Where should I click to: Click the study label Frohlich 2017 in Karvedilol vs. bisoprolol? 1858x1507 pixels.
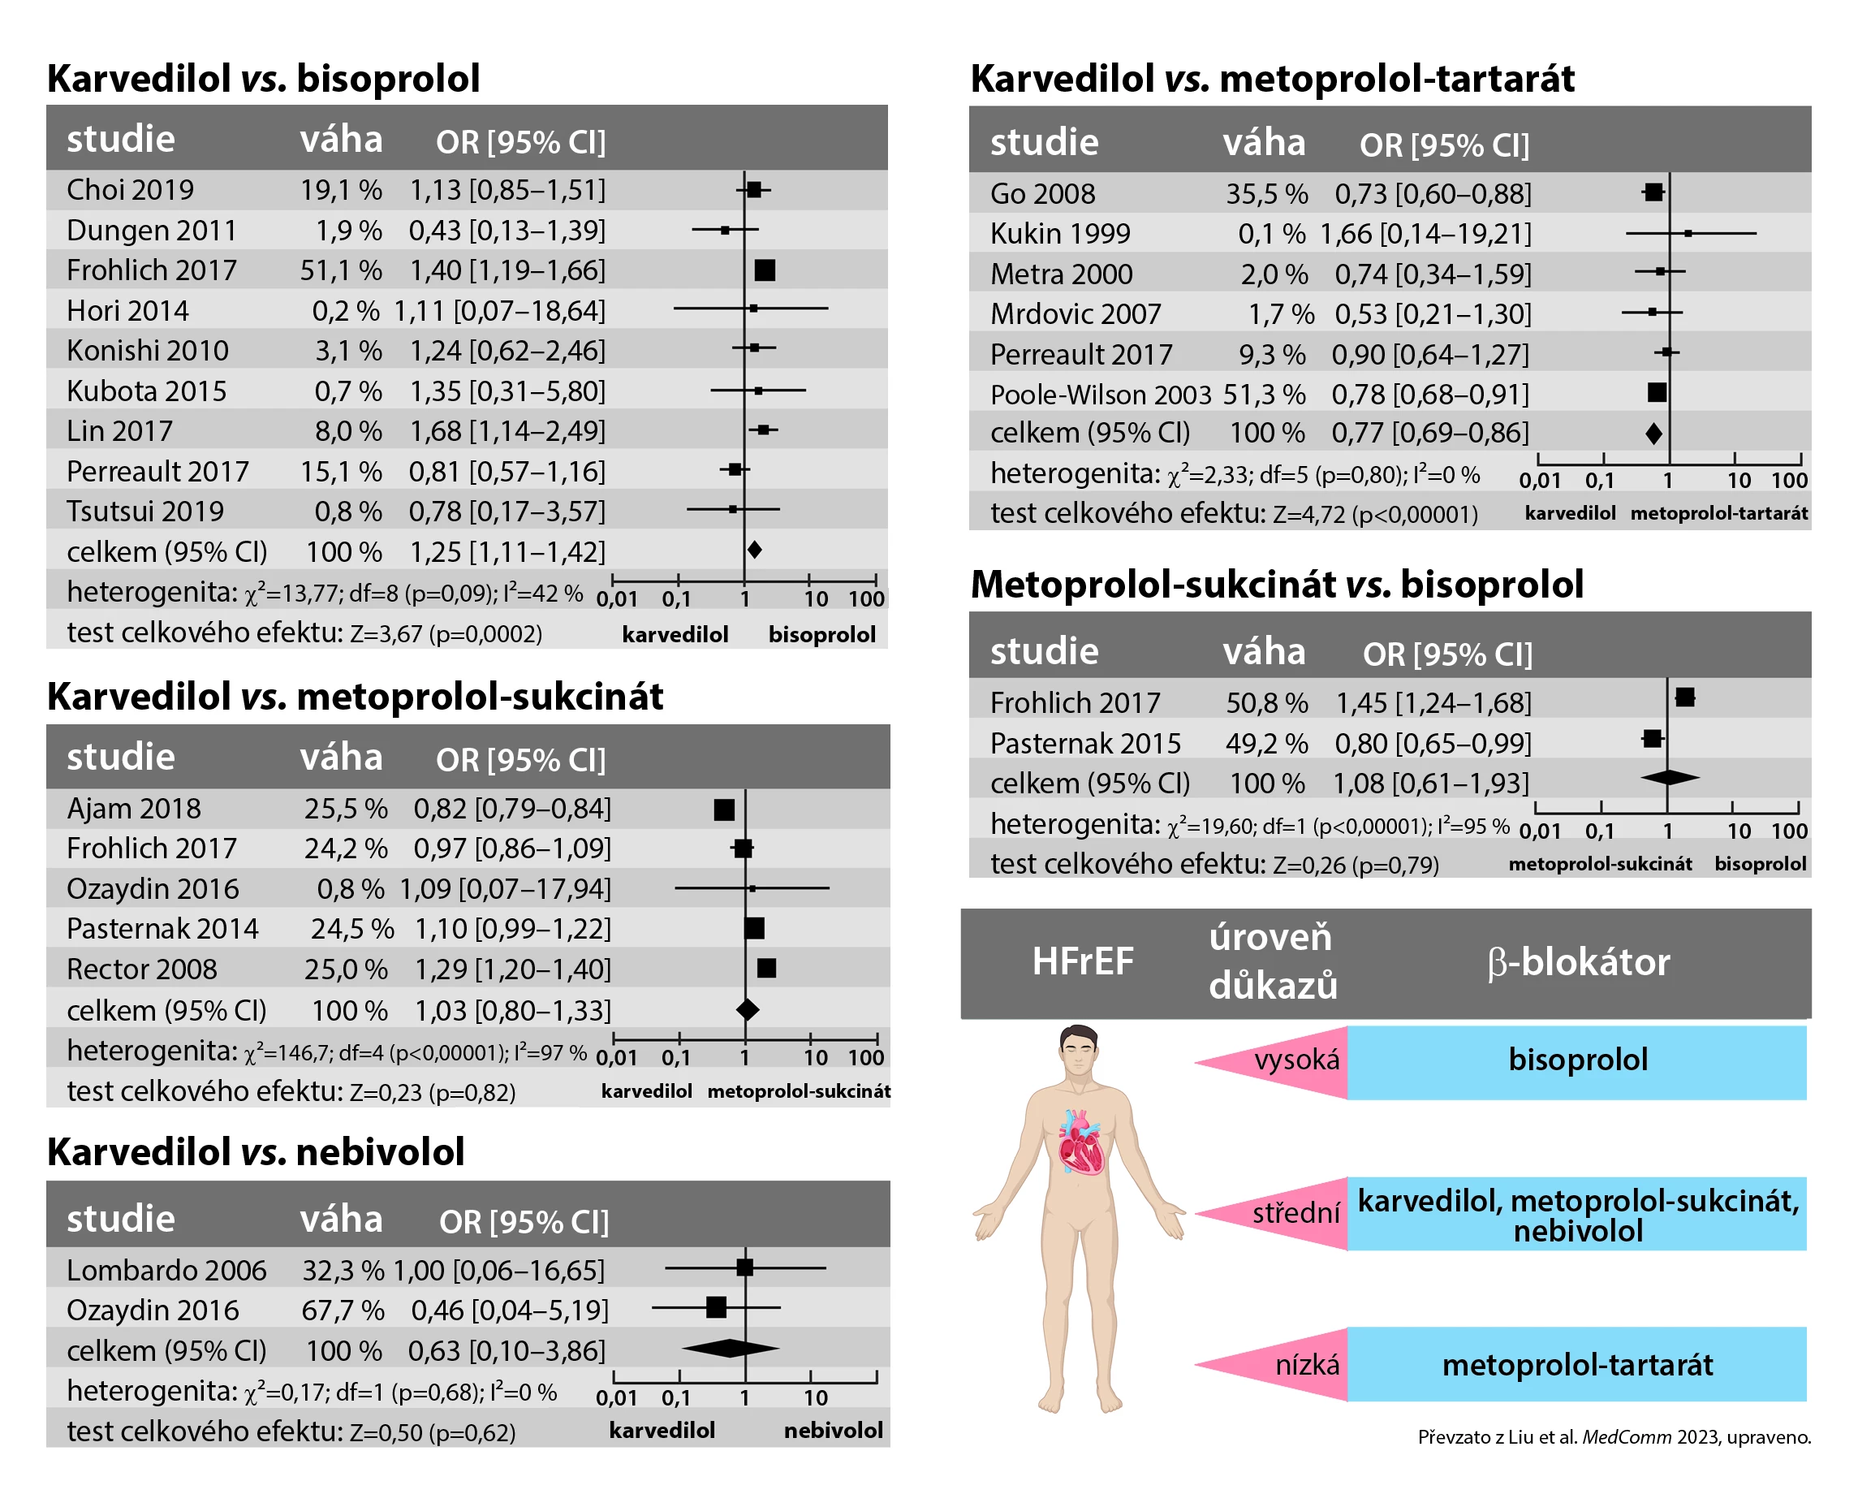151,271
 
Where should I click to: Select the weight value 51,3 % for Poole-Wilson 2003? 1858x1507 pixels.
1264,395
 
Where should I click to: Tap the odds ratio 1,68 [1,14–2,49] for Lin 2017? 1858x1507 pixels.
507,431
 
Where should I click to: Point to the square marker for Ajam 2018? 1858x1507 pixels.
724,810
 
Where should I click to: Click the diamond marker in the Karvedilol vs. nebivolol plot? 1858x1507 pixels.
730,1348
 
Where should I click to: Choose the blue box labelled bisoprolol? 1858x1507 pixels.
1576,1060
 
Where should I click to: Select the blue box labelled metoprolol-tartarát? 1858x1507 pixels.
1576,1365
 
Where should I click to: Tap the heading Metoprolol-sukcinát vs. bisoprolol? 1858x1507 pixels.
1276,585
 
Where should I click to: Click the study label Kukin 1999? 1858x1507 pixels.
1059,235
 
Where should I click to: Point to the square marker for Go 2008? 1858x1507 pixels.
1653,192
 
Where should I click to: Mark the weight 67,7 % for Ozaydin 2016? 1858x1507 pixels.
343,1310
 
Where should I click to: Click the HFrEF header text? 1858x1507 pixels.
1082,962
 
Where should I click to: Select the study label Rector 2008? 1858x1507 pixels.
141,969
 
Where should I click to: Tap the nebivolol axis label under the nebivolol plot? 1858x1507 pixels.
833,1430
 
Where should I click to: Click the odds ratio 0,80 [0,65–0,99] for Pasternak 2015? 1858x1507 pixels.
1433,744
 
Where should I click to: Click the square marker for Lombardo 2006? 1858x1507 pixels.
744,1267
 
